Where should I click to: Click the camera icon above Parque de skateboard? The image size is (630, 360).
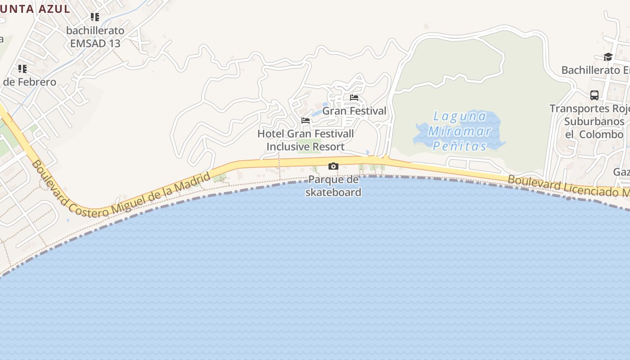(333, 166)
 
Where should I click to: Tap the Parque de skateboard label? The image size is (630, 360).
(333, 186)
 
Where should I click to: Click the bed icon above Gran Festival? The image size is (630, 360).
(354, 98)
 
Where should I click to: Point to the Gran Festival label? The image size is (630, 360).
(354, 111)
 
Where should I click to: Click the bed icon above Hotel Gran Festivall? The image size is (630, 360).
(306, 121)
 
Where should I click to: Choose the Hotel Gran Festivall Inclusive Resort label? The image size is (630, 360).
(306, 140)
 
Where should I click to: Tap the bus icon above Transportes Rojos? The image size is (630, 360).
(594, 95)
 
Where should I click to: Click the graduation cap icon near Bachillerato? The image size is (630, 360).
(608, 57)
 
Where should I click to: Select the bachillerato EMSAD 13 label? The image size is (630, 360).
(95, 37)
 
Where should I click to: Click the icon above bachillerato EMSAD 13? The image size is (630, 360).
(94, 17)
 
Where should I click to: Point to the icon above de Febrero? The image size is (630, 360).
(22, 69)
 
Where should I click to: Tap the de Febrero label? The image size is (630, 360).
(30, 82)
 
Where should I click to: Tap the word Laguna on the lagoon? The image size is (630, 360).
(459, 117)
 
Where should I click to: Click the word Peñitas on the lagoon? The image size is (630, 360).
(459, 146)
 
